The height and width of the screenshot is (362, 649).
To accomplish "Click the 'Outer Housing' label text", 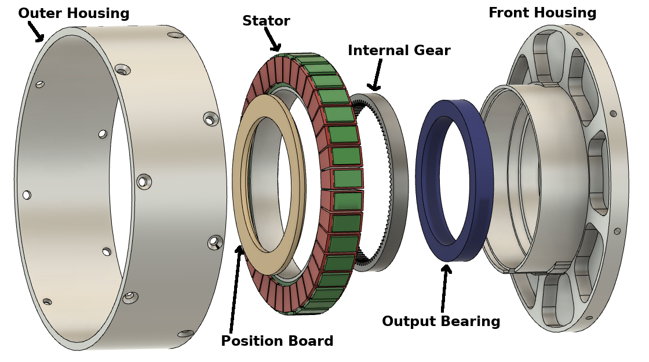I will [74, 13].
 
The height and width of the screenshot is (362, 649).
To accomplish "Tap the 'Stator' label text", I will [266, 21].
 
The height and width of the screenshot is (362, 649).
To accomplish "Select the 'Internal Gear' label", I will [399, 50].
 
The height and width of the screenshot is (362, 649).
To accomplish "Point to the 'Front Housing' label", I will [542, 13].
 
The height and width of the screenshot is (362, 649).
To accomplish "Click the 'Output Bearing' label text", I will [440, 321].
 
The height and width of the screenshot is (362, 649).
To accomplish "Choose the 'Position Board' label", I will [277, 341].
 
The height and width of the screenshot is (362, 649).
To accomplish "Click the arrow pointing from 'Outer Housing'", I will [35, 31].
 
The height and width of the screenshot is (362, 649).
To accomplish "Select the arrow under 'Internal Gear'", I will [376, 74].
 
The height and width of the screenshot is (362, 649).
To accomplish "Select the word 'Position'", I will [250, 341].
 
